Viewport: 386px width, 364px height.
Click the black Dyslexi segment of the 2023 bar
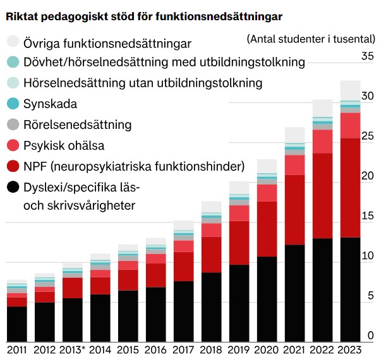350,289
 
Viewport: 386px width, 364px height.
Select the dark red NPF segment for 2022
322,196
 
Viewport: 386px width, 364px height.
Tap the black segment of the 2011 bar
17,324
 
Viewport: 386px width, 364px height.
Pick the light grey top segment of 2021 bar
294,135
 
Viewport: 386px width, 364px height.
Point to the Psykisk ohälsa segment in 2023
350,125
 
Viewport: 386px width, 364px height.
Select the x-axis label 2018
211,349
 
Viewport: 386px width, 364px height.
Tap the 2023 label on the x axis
350,349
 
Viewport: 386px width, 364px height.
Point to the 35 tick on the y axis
367,56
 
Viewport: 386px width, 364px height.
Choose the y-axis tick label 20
367,176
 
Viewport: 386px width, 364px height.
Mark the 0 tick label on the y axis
371,336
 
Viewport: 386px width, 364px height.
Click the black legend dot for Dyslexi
13,188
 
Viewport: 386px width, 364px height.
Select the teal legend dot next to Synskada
13,104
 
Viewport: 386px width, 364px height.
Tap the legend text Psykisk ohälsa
64,145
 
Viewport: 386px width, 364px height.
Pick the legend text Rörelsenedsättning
77,124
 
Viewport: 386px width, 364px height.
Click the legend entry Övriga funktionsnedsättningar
107,44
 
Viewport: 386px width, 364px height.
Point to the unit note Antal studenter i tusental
311,39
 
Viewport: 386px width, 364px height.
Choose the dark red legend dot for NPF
13,167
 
